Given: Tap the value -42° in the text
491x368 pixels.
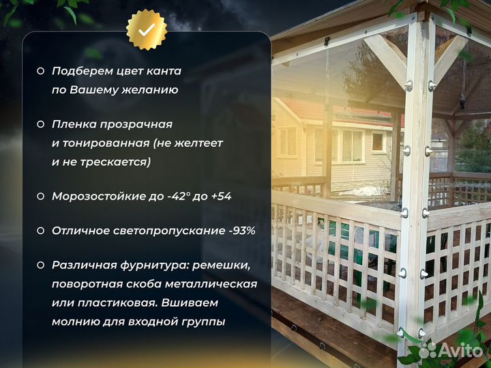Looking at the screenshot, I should click(181, 197).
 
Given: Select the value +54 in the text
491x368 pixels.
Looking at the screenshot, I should click(221, 197).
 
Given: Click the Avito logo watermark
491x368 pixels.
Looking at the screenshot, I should click(452, 350).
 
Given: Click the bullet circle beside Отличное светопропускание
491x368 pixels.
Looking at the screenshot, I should click(40, 231).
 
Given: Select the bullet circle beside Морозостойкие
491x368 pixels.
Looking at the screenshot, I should click(40, 197).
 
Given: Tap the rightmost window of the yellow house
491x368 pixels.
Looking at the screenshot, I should click(378, 142).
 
